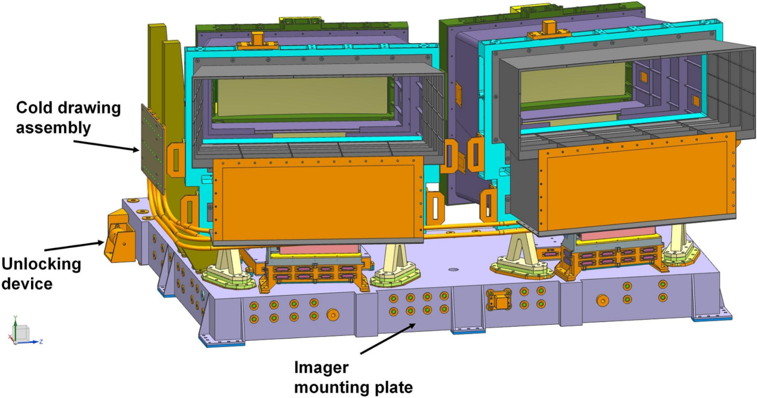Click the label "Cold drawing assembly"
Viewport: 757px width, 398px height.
point(68,117)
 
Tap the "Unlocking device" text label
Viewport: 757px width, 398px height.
point(41,273)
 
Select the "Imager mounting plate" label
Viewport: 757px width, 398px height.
point(353,377)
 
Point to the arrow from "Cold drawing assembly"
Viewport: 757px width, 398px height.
point(106,146)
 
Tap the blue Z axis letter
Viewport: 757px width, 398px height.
point(41,342)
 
